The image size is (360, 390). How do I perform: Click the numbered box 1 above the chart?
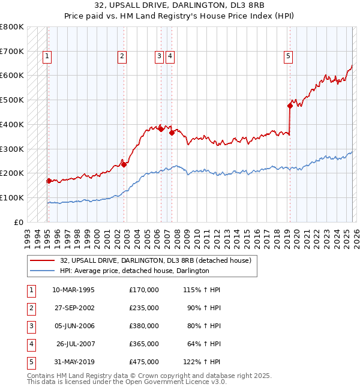(47, 56)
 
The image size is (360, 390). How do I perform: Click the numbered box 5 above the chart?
(288, 56)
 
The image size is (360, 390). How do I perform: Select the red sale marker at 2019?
(290, 106)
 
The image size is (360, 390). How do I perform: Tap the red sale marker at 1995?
(49, 180)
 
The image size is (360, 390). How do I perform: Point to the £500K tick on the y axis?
(12, 100)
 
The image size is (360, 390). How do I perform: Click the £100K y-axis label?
(12, 197)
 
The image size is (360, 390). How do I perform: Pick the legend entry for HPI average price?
(134, 271)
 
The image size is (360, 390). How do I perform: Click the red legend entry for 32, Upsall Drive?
(158, 260)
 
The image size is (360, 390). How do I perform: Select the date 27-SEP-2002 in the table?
(73, 308)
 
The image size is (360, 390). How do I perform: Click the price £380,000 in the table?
(144, 326)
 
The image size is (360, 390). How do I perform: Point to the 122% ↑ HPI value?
(204, 362)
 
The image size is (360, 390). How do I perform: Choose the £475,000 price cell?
(144, 362)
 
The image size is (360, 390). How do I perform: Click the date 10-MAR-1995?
(73, 290)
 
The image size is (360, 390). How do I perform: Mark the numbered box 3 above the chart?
(159, 56)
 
